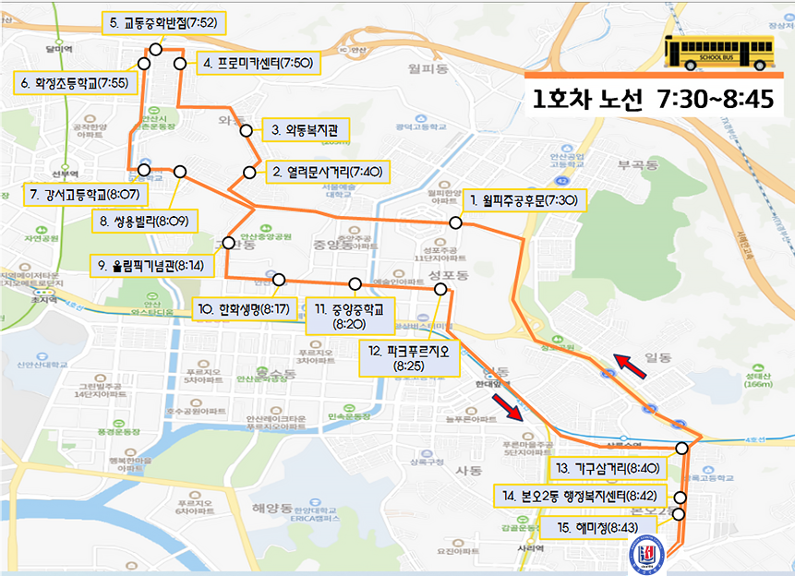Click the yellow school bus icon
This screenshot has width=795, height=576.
click(718, 52)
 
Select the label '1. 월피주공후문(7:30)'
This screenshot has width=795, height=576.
click(523, 199)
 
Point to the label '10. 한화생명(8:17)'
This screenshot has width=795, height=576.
click(243, 307)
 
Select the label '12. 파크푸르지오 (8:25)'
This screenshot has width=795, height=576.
click(407, 358)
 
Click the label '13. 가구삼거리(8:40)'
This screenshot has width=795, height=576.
click(607, 468)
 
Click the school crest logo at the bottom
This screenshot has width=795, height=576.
click(644, 555)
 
